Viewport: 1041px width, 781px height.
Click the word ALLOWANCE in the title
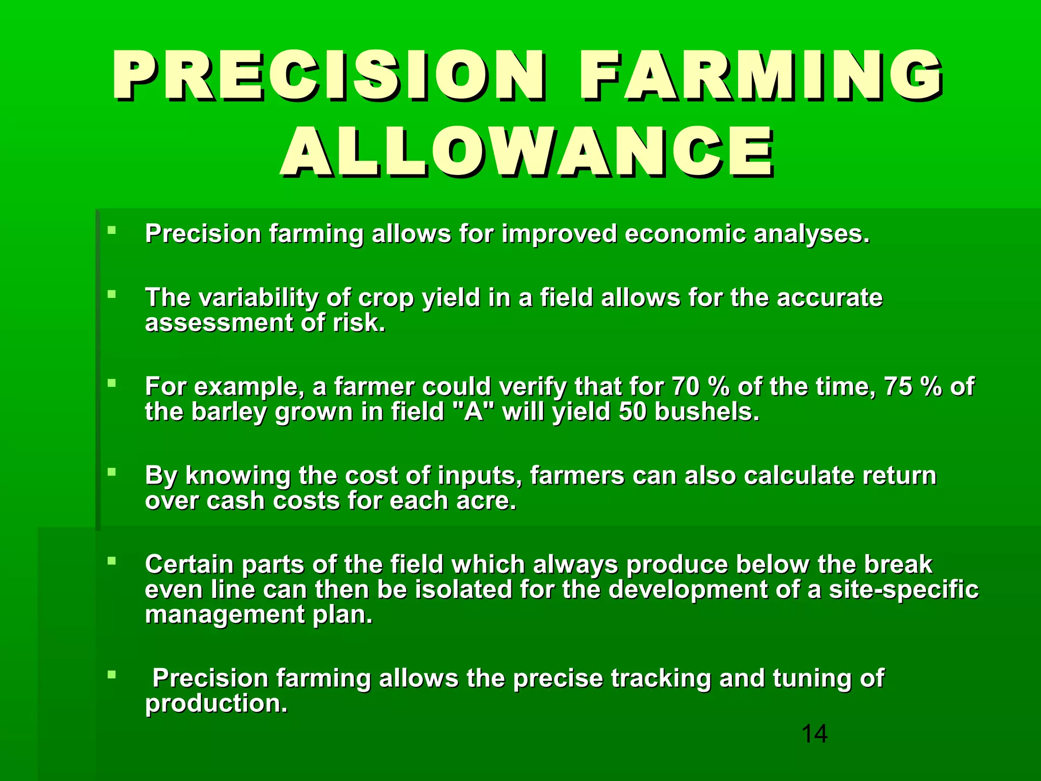527,152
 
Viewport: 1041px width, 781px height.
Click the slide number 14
814,734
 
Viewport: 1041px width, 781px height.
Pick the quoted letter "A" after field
473,412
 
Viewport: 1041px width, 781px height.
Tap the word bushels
707,412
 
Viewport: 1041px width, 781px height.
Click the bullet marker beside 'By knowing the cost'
112,472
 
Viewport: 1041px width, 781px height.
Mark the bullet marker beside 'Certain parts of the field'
112,561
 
